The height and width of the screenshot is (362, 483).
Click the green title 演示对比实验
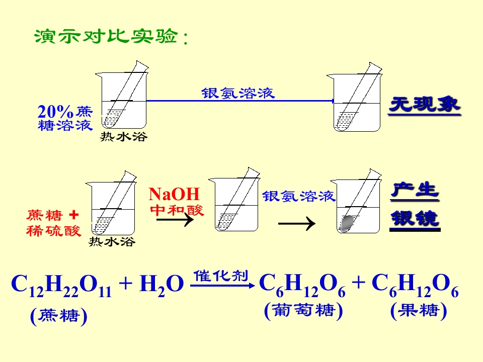point(106,36)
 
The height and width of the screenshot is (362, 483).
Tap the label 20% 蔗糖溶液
point(65,118)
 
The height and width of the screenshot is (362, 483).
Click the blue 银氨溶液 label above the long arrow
point(237,93)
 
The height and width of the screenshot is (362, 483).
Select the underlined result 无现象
point(425,105)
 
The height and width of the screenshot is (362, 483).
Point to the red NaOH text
point(174,194)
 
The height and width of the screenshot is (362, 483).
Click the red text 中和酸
point(177,210)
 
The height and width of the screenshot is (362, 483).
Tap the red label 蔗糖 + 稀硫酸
point(54,223)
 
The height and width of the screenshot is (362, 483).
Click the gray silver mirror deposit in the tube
point(347,223)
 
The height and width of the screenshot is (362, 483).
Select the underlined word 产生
point(415,191)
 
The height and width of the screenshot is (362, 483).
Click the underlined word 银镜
point(415,219)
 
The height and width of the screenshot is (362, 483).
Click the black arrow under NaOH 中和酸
point(175,220)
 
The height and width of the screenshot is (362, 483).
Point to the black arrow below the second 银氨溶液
point(297,223)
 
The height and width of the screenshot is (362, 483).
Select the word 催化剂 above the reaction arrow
point(220,276)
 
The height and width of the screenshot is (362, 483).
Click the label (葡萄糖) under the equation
point(303,311)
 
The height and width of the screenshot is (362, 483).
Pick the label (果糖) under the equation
point(418,311)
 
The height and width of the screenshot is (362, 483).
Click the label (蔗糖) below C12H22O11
point(58,316)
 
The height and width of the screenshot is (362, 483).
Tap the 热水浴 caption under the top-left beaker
point(124,136)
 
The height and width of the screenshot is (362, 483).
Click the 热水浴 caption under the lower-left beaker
point(112,241)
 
